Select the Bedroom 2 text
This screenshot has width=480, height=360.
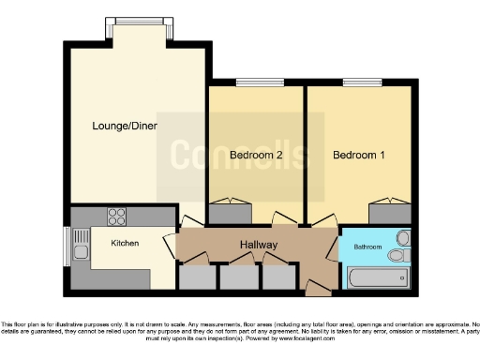[256, 155]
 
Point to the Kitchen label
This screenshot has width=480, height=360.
[126, 243]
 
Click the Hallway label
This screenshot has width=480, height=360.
[257, 244]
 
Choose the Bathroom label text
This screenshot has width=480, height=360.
[367, 247]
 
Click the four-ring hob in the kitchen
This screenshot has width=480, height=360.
[116, 217]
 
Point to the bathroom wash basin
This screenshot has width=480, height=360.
[402, 237]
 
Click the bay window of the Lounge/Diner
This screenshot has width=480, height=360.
[138, 21]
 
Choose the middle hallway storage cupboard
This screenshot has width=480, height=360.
[236, 277]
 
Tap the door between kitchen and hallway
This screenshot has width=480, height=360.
[171, 246]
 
